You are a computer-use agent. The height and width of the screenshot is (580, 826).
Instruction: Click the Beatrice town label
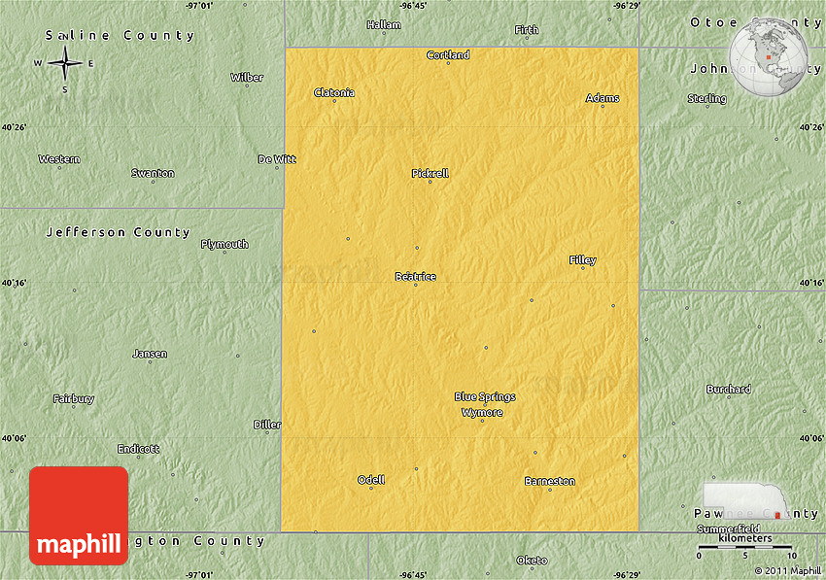(x=415, y=277)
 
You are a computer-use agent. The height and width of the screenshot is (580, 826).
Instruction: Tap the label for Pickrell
(x=430, y=174)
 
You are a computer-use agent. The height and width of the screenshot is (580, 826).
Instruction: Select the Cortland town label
(x=448, y=55)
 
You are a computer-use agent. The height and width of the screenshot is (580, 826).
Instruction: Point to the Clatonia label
(x=334, y=93)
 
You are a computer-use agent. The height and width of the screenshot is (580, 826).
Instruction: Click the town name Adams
(x=602, y=98)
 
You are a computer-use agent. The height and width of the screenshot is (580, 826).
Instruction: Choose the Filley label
(x=583, y=260)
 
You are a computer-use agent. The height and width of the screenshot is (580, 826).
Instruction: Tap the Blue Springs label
(x=485, y=396)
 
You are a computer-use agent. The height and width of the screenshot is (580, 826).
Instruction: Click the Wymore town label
(x=482, y=413)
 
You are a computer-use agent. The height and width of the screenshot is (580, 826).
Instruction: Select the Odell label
(x=371, y=480)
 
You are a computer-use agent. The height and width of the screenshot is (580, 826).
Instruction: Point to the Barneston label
(x=550, y=482)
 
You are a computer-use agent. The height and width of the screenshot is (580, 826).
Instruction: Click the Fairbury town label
(x=74, y=399)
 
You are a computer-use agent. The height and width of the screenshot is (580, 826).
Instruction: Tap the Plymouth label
(x=224, y=245)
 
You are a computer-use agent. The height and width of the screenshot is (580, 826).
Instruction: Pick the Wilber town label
(x=247, y=78)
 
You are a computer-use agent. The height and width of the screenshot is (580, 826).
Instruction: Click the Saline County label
(x=120, y=36)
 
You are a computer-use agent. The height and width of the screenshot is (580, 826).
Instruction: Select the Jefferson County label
(x=119, y=233)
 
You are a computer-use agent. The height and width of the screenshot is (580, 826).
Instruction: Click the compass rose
(x=65, y=64)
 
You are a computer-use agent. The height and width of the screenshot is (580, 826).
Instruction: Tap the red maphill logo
(x=79, y=516)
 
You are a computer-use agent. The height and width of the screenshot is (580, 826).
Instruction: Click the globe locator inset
(x=769, y=55)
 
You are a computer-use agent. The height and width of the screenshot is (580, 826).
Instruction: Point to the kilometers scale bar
(x=745, y=548)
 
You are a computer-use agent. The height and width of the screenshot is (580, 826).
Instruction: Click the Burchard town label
(x=729, y=390)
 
